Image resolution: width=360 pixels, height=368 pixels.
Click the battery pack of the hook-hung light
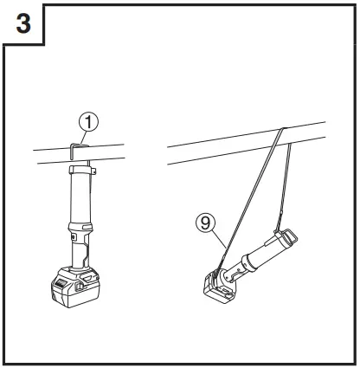click(x=71, y=285)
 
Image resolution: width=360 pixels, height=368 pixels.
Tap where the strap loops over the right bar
click(x=284, y=129)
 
